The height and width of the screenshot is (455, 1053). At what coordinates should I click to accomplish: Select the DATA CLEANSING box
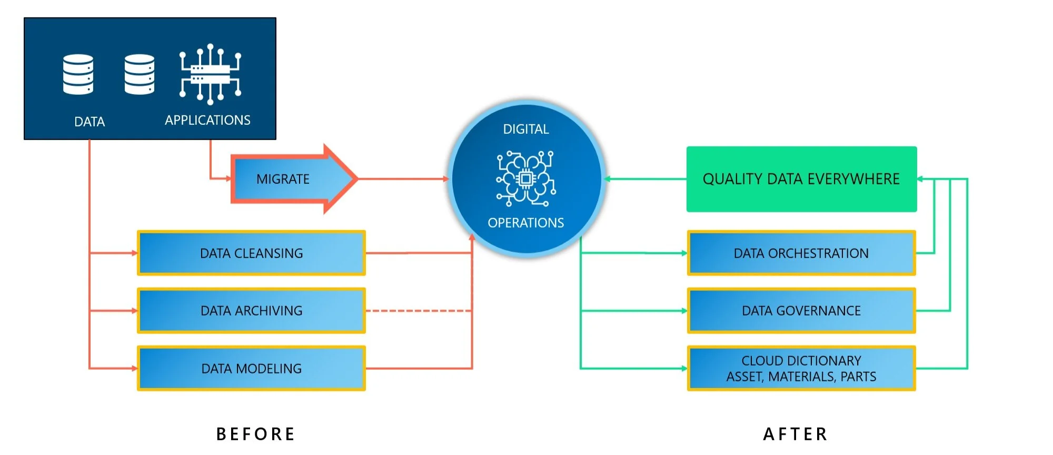252,253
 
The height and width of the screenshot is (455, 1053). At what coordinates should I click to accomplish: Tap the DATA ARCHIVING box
252,311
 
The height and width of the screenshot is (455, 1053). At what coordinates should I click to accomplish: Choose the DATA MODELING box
252,369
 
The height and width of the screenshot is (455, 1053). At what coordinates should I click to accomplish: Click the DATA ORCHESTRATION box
801,253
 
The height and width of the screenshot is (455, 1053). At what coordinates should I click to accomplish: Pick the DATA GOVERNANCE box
801,311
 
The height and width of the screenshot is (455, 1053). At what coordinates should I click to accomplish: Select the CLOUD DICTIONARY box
801,369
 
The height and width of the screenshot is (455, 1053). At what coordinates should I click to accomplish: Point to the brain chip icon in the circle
525,178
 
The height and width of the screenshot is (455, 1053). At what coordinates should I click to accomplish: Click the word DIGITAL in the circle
526,129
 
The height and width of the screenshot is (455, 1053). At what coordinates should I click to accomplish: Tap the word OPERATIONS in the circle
526,223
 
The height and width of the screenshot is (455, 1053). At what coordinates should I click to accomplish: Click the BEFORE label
256,434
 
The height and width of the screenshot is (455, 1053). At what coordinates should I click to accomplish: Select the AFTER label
796,434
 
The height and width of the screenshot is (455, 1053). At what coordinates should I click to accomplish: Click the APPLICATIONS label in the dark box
207,120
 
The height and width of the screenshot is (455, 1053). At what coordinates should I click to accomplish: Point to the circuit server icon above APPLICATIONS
210,74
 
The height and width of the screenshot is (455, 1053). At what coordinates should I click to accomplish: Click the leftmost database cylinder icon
78,74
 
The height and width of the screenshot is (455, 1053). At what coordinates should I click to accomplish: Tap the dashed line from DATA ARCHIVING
418,311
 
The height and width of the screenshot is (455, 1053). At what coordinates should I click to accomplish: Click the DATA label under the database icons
90,122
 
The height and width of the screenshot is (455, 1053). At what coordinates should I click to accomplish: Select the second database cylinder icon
140,74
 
